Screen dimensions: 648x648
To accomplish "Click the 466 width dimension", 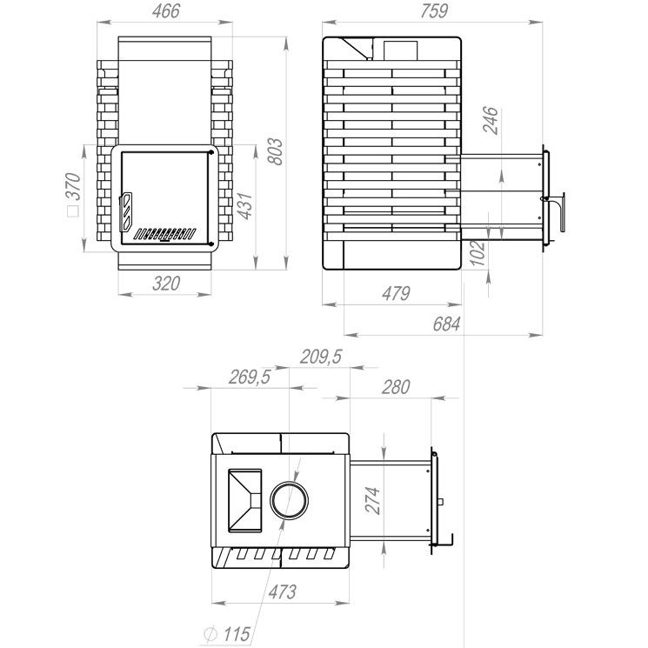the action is click(166, 11).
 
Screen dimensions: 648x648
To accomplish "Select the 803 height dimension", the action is click(275, 151).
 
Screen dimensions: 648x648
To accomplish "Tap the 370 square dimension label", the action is click(74, 194).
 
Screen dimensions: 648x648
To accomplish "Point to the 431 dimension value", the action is click(244, 205).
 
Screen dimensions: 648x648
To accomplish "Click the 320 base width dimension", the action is click(166, 284).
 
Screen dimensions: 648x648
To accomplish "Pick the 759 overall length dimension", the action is click(434, 11).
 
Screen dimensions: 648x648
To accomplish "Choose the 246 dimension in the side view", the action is click(491, 120).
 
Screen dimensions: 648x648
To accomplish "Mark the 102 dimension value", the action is click(478, 253).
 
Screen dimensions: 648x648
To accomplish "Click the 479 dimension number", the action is click(396, 293).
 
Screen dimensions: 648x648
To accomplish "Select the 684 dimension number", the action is click(446, 324).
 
